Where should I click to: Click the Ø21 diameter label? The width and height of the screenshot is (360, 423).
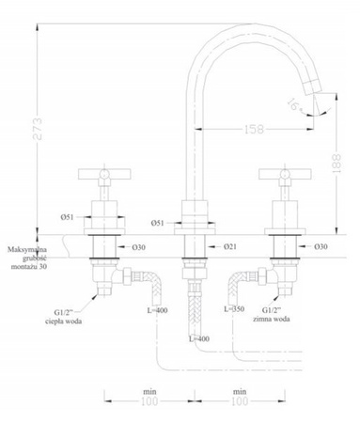228,246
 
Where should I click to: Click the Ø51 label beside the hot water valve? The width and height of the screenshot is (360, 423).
68,217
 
